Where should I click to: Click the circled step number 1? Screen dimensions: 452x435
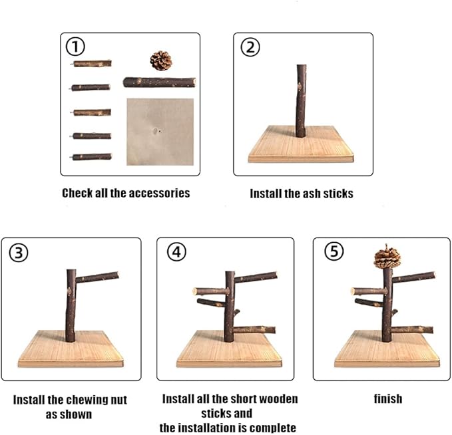tap(75, 47)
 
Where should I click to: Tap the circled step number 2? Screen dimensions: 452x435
tap(250, 47)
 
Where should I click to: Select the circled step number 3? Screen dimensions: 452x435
tap(19, 253)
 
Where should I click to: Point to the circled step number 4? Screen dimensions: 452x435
tap(176, 252)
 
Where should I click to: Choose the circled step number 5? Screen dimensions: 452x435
tap(334, 251)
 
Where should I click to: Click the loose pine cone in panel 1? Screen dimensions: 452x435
tap(161, 61)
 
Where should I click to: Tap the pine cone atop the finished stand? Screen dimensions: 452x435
tap(387, 256)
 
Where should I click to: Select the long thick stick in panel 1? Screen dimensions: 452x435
tap(159, 82)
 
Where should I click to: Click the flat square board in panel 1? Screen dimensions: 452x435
tap(160, 132)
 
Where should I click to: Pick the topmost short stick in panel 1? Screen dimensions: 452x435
tap(91, 63)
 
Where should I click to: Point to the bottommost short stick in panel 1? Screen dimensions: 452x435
tap(91, 157)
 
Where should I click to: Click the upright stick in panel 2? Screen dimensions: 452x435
tap(301, 101)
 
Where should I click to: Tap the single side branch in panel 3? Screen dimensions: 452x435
tap(97, 277)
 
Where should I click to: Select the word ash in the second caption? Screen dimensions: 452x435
tap(312, 194)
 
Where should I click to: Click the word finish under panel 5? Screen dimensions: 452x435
tap(388, 399)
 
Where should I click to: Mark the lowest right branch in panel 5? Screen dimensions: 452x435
tap(413, 329)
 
